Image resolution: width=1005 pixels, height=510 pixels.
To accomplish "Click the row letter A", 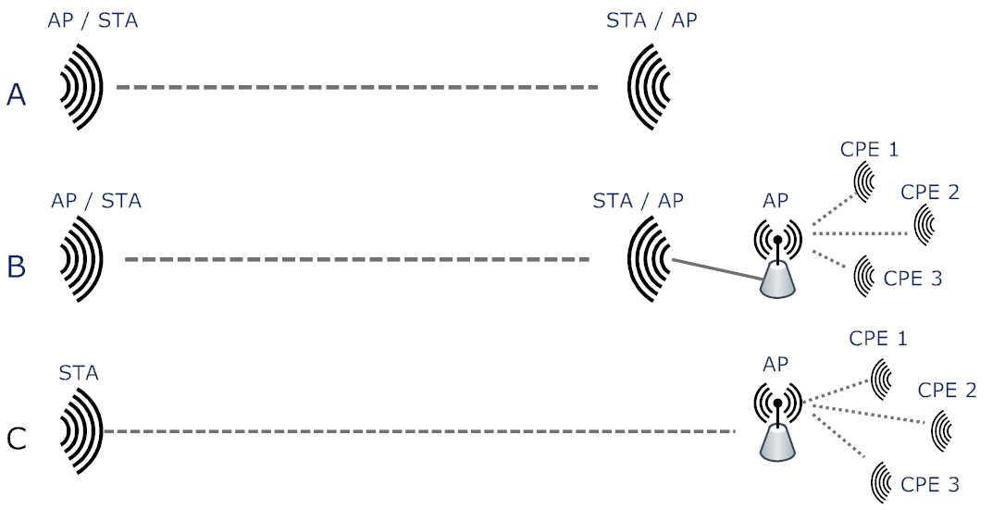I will tap(16, 94).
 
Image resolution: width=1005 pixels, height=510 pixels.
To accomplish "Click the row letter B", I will tap(16, 267).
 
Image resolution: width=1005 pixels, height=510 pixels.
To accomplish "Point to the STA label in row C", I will tap(79, 374).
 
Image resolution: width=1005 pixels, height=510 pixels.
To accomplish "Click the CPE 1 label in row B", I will tap(869, 148).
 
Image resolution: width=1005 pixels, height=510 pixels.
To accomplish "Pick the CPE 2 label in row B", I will tap(930, 193).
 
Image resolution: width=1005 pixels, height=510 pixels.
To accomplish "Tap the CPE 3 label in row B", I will tap(912, 278).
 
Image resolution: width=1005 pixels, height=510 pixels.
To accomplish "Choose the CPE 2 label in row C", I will tap(948, 390).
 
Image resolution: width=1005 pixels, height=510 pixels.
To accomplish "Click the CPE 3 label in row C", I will tap(930, 483).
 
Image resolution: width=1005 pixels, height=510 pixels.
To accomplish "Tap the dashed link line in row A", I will tap(357, 88).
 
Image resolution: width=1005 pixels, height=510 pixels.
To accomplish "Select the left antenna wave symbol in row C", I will tap(81, 431).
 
